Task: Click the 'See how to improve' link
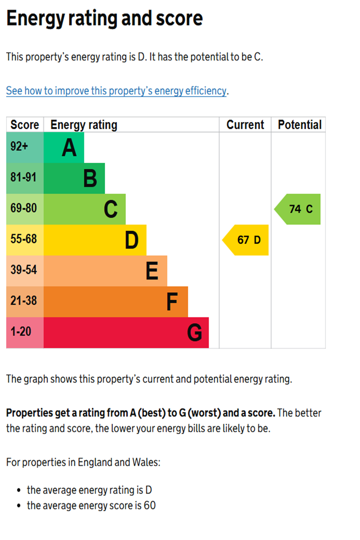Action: click(x=116, y=91)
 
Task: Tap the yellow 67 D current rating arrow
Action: click(x=247, y=240)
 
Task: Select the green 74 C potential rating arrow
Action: click(x=299, y=209)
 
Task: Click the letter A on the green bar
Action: click(x=69, y=148)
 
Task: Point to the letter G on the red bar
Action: click(x=195, y=333)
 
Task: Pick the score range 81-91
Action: click(x=23, y=177)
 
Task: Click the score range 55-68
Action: click(x=23, y=239)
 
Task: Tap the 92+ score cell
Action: click(x=19, y=147)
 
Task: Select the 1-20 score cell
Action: click(x=21, y=332)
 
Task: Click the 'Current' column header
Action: click(x=245, y=125)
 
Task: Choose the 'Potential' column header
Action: click(x=300, y=125)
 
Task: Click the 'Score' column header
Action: click(x=24, y=125)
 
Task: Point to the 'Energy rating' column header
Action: click(x=84, y=125)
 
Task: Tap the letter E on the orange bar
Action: click(x=152, y=271)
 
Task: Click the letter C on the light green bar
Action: click(x=111, y=209)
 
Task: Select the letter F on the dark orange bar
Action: click(x=172, y=302)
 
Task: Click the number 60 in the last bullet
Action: click(x=150, y=505)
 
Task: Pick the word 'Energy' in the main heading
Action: click(x=35, y=19)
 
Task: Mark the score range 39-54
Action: click(x=23, y=270)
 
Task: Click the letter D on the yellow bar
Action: click(x=132, y=240)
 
